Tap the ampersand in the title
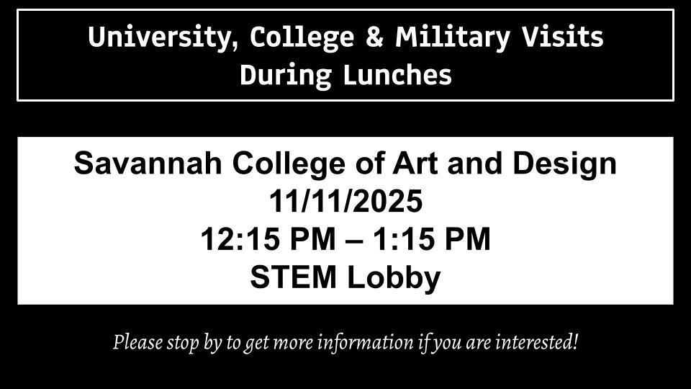[374, 36]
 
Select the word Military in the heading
[453, 37]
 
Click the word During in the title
[286, 75]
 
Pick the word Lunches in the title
[397, 74]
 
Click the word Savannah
[148, 164]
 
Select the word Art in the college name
[415, 164]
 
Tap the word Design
[564, 164]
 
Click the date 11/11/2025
[346, 201]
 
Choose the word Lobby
[394, 278]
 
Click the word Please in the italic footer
[137, 342]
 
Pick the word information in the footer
[366, 342]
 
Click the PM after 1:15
[468, 239]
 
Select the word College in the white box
[289, 164]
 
